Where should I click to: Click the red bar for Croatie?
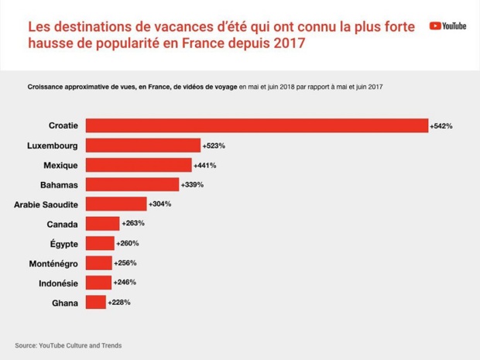click(x=256, y=125)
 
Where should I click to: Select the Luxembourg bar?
click(x=142, y=145)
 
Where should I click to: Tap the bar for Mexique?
click(x=138, y=165)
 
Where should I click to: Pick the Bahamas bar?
click(x=132, y=184)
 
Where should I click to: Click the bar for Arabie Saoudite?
click(x=115, y=204)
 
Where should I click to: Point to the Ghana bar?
click(x=95, y=302)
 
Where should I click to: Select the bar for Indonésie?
click(x=98, y=283)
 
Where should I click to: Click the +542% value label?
click(x=441, y=125)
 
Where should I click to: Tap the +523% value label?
click(x=213, y=145)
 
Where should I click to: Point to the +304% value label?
click(x=159, y=204)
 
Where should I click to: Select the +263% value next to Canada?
click(x=133, y=223)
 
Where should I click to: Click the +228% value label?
click(x=119, y=302)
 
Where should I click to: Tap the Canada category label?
click(x=61, y=224)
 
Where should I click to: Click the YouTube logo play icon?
click(x=435, y=26)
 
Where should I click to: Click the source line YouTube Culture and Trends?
click(x=68, y=345)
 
